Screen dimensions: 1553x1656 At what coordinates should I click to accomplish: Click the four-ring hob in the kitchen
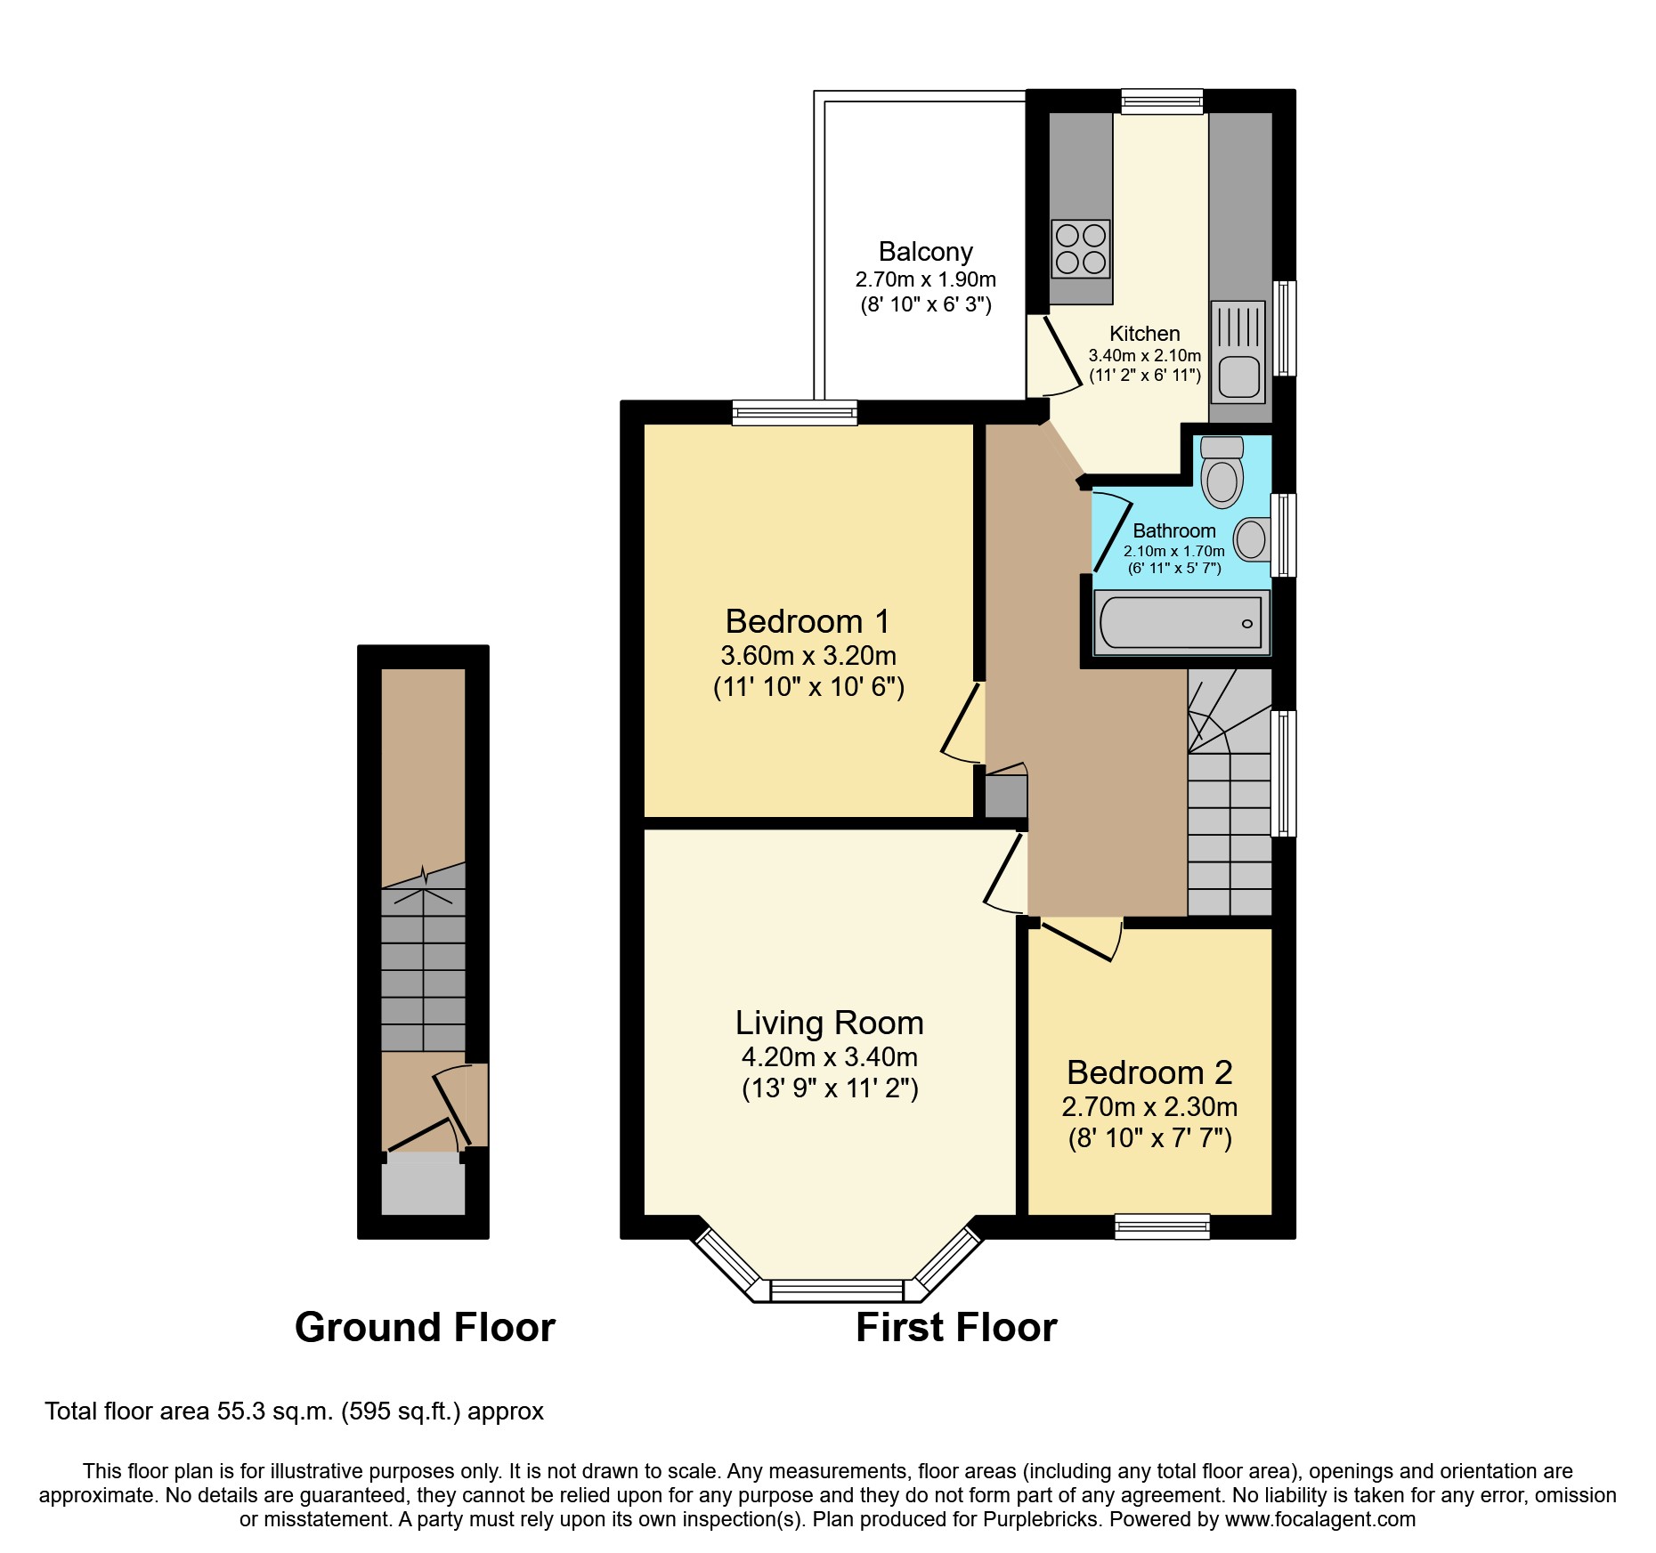click(x=1081, y=248)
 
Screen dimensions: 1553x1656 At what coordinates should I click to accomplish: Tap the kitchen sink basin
click(x=1238, y=376)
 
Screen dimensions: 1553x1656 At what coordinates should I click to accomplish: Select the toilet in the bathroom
click(x=1222, y=476)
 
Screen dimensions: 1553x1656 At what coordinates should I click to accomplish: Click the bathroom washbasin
click(x=1251, y=539)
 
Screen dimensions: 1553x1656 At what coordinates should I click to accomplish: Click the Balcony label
click(x=925, y=252)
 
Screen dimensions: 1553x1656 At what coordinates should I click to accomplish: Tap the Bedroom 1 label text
click(x=807, y=621)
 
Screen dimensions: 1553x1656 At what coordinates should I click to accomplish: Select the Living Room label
click(x=829, y=1023)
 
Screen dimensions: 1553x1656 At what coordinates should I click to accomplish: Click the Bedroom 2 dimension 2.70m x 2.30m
click(x=1149, y=1106)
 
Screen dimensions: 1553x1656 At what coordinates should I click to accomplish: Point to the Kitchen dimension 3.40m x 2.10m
click(x=1144, y=355)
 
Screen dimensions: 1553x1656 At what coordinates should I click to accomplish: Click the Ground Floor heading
click(x=425, y=1327)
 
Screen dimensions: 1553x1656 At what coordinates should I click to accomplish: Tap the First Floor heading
click(x=955, y=1327)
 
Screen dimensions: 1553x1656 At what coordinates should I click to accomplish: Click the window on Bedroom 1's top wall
click(x=794, y=412)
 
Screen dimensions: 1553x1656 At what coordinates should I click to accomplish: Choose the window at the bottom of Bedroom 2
click(x=1162, y=1226)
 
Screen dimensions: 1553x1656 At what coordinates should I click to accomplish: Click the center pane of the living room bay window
click(x=836, y=1290)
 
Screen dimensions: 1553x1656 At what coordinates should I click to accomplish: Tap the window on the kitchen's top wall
click(x=1162, y=101)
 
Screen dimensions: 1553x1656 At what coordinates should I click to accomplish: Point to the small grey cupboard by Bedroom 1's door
click(x=1005, y=796)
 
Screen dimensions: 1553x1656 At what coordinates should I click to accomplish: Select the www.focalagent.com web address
click(x=1319, y=1519)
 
